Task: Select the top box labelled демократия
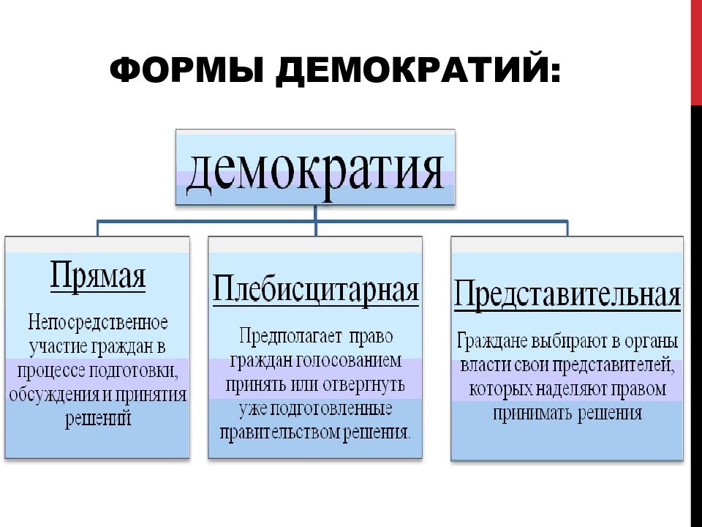315,167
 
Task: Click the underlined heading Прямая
97,274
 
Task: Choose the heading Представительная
567,295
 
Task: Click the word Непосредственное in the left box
98,322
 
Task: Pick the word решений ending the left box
98,419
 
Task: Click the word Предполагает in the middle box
290,336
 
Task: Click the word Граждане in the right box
492,342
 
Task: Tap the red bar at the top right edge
696,53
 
